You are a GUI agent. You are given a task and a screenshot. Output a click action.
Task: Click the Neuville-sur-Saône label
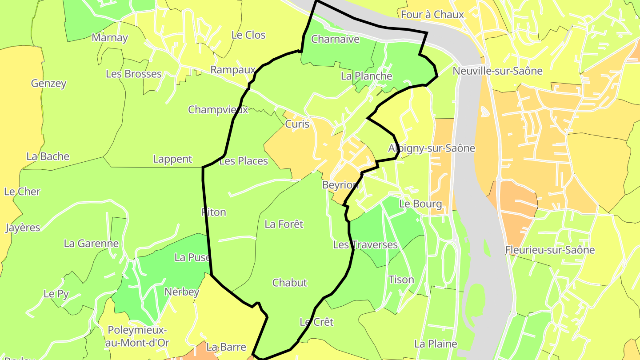click(497, 71)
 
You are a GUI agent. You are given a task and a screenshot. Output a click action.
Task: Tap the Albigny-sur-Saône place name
click(432, 148)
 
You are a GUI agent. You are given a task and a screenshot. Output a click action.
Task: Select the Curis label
click(297, 124)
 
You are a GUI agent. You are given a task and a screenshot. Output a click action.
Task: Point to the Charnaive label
click(335, 39)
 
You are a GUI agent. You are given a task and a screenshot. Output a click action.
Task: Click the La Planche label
click(366, 76)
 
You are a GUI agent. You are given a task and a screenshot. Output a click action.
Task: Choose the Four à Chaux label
click(432, 14)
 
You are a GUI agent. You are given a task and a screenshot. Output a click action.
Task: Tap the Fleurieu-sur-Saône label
click(550, 250)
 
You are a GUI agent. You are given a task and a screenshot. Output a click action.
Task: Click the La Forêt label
click(284, 224)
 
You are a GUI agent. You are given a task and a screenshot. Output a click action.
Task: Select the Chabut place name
click(289, 283)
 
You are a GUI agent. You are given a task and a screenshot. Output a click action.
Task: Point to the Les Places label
click(244, 161)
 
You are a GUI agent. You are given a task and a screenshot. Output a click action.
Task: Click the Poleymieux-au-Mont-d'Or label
click(138, 336)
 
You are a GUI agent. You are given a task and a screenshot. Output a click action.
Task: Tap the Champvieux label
click(218, 109)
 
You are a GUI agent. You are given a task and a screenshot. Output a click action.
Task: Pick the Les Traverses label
click(365, 245)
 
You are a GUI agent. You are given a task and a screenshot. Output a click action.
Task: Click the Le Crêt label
click(316, 322)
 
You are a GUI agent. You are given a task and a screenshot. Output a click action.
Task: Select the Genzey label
click(48, 83)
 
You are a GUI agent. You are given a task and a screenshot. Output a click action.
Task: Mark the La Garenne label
click(91, 243)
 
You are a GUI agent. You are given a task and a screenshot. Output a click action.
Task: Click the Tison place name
click(401, 280)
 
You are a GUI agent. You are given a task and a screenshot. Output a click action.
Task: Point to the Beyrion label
click(340, 185)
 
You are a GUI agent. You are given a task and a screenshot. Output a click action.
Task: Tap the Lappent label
click(172, 159)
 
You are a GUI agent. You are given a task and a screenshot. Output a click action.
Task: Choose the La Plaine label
click(435, 344)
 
